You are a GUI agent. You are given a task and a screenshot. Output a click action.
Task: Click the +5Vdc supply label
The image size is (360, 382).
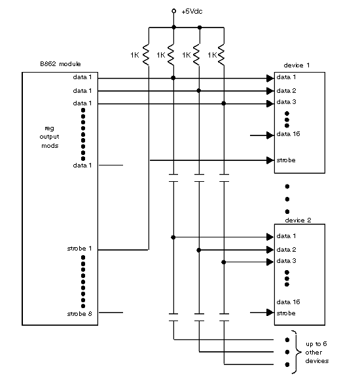(192, 12)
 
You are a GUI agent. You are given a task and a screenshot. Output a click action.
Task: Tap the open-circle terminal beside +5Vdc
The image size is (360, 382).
(174, 11)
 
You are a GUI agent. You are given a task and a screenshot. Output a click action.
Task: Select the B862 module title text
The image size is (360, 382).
(60, 64)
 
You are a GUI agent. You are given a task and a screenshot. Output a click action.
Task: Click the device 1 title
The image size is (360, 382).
(297, 65)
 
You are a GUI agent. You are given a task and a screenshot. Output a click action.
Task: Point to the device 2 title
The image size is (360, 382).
(298, 220)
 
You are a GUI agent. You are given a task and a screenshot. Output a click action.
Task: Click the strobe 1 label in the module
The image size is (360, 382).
(79, 249)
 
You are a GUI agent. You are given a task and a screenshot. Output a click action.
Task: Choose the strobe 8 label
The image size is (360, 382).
(79, 314)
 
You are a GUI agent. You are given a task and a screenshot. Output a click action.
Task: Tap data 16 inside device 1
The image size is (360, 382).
(289, 134)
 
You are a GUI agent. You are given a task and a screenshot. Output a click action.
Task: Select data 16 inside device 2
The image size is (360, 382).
(289, 302)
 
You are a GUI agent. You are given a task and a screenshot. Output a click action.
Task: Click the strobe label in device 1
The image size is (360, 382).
(286, 160)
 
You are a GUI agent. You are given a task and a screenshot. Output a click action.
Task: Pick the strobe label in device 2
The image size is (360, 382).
(286, 313)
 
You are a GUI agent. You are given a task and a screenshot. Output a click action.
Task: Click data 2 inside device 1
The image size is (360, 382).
(287, 91)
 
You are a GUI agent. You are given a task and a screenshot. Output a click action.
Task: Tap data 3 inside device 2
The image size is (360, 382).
(287, 261)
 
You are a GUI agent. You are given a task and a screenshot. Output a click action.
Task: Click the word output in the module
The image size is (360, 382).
(49, 137)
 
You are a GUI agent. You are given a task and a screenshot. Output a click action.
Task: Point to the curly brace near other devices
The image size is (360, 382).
(297, 352)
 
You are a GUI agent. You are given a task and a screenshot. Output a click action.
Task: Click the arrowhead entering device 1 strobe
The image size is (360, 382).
(270, 160)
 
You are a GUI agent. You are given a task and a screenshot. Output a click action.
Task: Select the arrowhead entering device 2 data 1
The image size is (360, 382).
(270, 237)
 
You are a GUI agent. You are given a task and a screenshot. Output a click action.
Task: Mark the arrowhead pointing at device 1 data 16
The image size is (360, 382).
(270, 135)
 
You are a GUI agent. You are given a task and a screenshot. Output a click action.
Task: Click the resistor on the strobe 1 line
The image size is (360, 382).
(146, 54)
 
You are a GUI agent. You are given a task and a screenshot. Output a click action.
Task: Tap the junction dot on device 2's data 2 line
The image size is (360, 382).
(199, 250)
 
